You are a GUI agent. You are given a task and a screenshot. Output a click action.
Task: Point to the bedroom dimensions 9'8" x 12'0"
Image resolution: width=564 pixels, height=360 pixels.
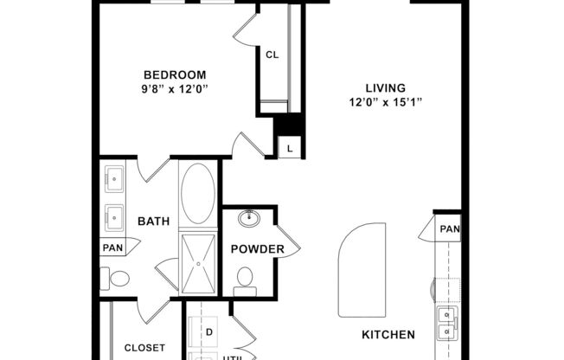175,88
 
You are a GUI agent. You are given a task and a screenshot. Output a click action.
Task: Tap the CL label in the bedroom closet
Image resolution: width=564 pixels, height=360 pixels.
272,55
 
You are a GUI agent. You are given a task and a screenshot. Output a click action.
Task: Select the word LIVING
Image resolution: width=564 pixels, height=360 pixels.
386,87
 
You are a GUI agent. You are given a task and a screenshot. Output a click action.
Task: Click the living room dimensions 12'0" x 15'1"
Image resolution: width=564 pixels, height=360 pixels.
386,101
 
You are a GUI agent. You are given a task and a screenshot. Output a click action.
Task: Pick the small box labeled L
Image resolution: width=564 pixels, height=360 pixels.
289,149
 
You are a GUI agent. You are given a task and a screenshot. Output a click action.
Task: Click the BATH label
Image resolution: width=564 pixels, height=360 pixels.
153,222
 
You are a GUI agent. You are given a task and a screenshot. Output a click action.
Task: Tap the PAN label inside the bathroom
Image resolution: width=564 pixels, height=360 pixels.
112,247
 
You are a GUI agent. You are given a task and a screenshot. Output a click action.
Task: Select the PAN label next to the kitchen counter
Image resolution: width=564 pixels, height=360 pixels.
449,229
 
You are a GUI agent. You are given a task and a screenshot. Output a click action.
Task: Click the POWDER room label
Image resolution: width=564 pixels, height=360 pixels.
258,250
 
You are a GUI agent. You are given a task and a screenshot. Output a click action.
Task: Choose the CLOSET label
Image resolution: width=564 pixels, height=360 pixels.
144,348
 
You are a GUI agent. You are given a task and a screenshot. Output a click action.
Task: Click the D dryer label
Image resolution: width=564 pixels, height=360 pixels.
208,331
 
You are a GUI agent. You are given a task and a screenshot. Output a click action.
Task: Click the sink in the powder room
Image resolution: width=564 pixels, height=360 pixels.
251,217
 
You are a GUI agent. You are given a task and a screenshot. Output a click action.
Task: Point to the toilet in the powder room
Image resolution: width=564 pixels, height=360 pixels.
246,279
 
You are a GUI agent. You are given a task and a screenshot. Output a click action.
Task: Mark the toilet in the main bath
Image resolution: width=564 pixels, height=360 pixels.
117,279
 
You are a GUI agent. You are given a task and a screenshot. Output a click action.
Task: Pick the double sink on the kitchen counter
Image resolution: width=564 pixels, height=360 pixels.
445,323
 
